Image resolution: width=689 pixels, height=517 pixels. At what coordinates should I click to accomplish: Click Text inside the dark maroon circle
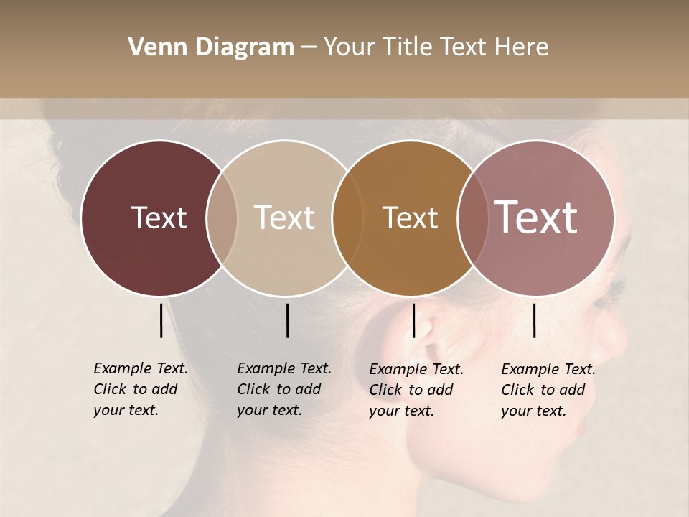pos(159,218)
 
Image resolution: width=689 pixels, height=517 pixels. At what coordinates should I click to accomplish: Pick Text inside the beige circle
pos(284,218)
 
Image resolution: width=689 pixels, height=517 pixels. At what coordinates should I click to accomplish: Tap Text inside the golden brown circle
pos(410,218)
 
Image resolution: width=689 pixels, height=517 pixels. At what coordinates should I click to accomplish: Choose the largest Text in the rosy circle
pos(536,218)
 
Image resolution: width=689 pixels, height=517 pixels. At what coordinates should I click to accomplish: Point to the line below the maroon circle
pos(161,320)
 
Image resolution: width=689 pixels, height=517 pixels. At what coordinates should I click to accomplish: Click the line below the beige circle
pos(287,320)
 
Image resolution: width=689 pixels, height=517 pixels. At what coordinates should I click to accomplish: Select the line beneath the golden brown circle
pos(413,320)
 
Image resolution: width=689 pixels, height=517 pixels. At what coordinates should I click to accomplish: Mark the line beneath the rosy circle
pos(535,320)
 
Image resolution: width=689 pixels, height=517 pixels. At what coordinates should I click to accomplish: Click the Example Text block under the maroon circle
pos(140,389)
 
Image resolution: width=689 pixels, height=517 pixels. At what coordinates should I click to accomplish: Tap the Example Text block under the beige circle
pos(283,389)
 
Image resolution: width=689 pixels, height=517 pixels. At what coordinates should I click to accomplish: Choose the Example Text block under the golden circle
pos(416,390)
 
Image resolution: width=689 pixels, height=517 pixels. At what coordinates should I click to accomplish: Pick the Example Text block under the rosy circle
pos(548,390)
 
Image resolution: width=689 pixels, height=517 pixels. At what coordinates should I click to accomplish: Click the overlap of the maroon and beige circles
pos(222,218)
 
